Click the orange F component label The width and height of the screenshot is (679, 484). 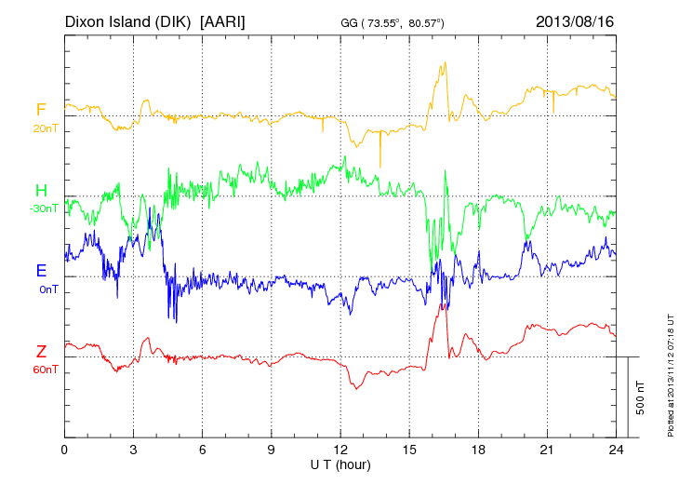41,110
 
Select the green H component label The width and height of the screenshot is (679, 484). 41,190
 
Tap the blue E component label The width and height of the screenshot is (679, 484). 41,271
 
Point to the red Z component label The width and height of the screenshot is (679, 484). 41,351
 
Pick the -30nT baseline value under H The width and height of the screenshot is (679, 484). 43,208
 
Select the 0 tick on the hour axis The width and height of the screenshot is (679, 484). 64,450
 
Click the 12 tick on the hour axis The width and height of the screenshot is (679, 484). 340,450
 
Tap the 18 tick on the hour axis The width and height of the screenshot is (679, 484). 478,450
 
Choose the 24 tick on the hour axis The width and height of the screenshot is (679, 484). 616,450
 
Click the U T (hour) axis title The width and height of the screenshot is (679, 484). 340,464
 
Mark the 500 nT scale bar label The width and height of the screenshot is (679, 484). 640,397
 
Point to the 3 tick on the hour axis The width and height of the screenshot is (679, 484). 133,450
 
